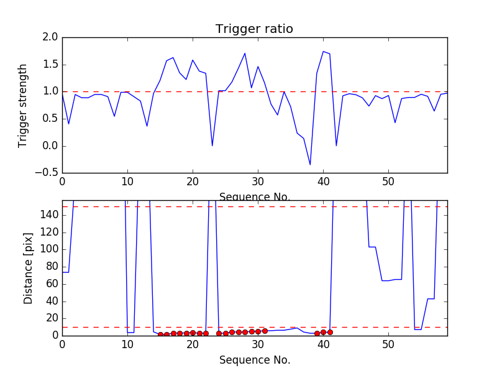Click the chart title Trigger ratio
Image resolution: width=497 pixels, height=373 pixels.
tap(254, 29)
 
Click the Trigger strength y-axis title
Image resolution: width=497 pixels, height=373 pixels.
tap(23, 105)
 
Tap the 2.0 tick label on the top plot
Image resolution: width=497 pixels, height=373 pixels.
tap(50, 37)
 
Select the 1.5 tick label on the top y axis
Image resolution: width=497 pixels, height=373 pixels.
tap(50, 65)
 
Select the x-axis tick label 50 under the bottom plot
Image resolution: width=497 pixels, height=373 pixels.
tap(388, 344)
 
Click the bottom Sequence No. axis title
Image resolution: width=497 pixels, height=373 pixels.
tap(255, 360)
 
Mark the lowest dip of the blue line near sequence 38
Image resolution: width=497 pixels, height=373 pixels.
tap(310, 165)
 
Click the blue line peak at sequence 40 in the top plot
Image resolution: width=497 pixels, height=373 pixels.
tap(323, 52)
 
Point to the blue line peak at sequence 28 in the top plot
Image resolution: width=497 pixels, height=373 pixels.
tap(245, 53)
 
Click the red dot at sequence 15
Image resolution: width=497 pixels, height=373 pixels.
tap(160, 334)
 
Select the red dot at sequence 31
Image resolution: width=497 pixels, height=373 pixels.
tap(265, 331)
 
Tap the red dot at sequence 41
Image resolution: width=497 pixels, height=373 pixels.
tap(330, 332)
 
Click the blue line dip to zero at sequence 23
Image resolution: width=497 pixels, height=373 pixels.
tap(212, 145)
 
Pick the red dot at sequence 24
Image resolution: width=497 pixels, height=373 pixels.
tap(219, 333)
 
